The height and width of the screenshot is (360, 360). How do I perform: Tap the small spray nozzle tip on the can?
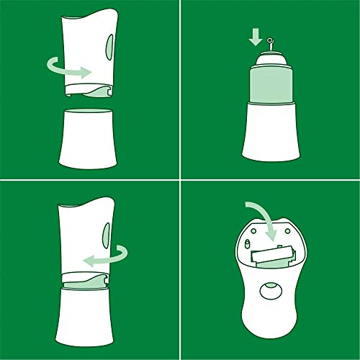269,41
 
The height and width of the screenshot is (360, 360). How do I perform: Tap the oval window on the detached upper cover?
109,48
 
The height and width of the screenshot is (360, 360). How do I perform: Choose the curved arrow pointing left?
108,254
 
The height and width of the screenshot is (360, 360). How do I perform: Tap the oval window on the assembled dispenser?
109,233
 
